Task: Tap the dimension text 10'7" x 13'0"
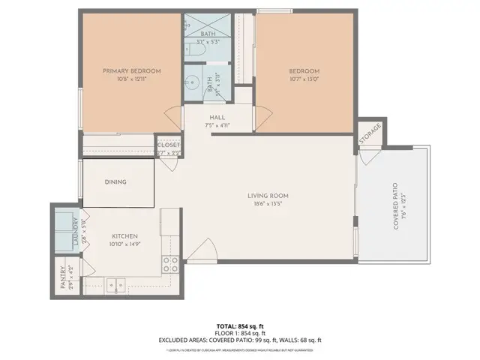pyautogui.click(x=305, y=81)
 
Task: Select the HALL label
pyautogui.click(x=217, y=117)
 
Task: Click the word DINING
pyautogui.click(x=115, y=182)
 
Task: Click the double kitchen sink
pyautogui.click(x=115, y=284)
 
